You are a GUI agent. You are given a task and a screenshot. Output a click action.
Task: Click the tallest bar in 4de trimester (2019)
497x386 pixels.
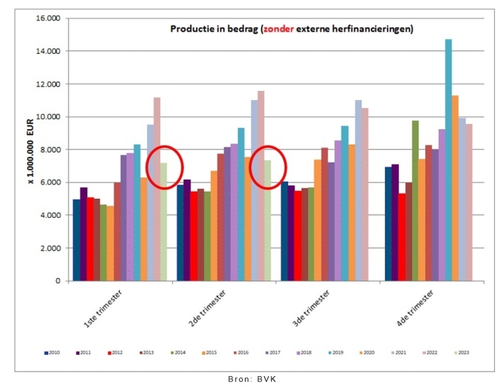[x=449, y=160]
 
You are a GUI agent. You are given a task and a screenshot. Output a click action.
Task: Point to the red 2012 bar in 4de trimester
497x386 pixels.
[x=402, y=237]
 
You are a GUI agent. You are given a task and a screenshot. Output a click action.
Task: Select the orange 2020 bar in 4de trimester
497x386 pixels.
[x=455, y=188]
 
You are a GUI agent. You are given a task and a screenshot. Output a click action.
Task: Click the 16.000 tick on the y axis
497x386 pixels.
[x=50, y=18]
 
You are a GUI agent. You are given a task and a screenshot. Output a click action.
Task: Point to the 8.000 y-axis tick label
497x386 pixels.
[x=52, y=150]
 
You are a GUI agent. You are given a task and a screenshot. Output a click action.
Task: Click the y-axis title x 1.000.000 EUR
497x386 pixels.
[x=33, y=150]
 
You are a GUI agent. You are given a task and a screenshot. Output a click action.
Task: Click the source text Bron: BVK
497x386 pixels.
[x=248, y=379]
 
